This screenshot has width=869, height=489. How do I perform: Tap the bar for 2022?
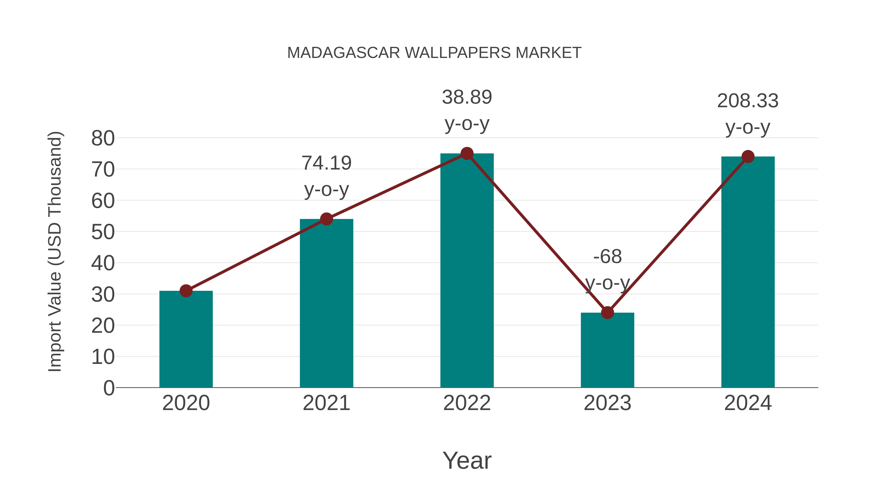coord(467,270)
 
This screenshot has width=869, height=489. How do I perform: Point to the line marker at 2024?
coord(748,156)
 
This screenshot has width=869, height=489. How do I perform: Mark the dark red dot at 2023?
coord(607,313)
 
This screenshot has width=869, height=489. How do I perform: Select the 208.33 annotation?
coord(748,101)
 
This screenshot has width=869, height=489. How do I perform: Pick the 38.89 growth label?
coord(467,98)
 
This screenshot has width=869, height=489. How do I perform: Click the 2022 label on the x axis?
coord(467,403)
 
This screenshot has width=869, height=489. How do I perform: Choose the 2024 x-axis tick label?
coord(748,403)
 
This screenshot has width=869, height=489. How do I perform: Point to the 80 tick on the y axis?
coord(103,138)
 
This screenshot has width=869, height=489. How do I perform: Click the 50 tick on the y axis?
coord(103,232)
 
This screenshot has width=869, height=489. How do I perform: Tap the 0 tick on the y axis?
coord(109,388)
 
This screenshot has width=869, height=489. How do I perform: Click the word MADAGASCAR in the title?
coord(343,53)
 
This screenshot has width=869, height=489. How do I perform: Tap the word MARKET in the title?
coord(548,53)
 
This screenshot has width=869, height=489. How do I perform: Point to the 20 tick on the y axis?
coord(103,326)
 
